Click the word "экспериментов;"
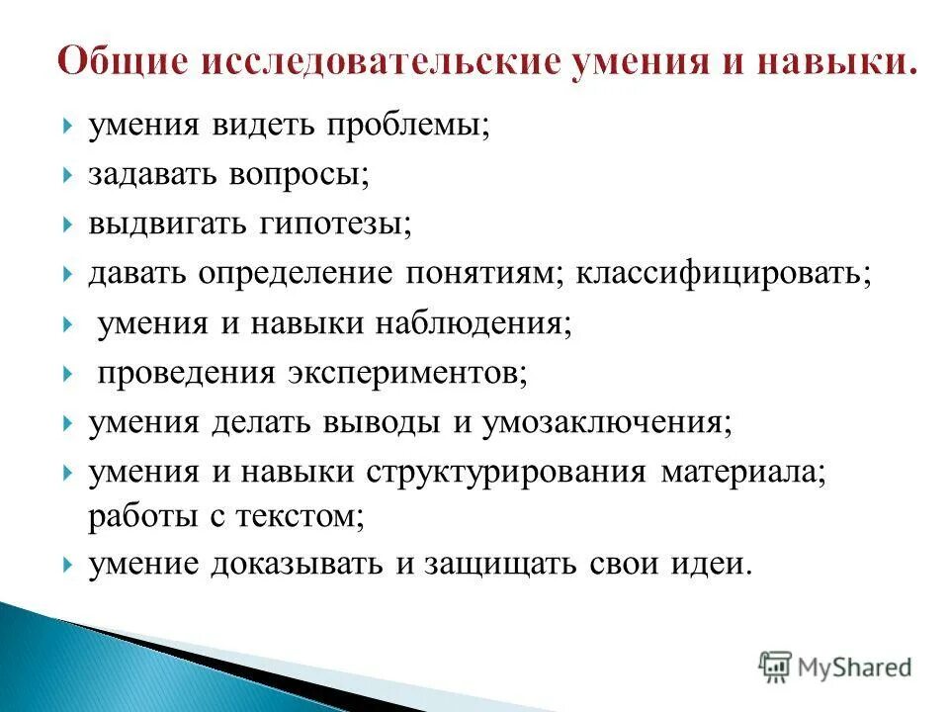(x=409, y=373)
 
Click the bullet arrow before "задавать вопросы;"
(x=66, y=175)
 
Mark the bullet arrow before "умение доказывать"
(x=66, y=565)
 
